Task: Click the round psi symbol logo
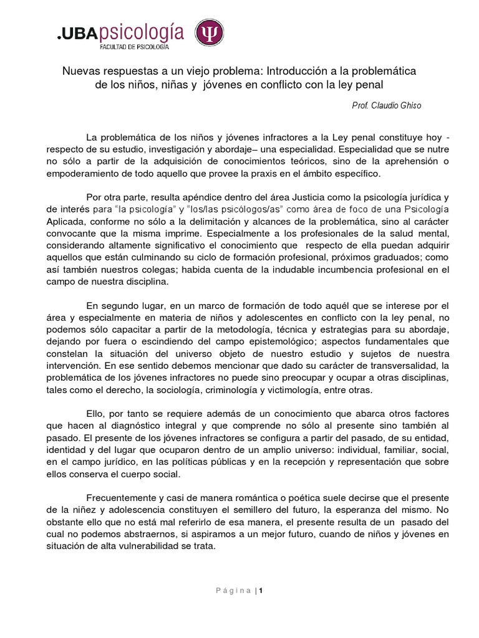tap(210, 33)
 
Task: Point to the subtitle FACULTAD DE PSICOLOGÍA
tap(134, 47)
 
